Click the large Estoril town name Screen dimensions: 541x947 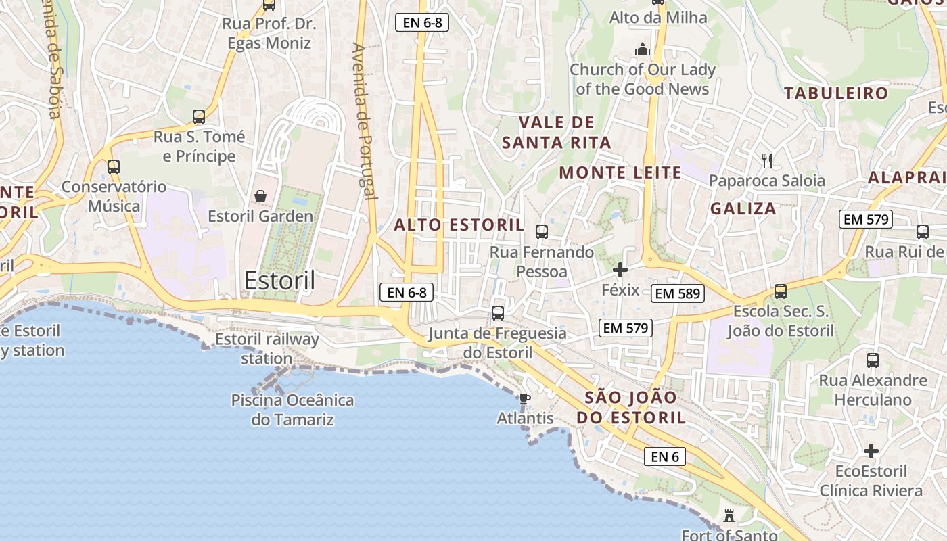(x=279, y=280)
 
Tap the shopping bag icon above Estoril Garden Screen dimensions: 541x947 (x=260, y=196)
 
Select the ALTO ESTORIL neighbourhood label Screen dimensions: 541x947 (x=459, y=225)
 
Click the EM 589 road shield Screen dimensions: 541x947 (x=678, y=293)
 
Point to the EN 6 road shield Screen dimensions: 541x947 (x=664, y=456)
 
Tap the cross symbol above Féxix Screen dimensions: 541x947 (x=620, y=270)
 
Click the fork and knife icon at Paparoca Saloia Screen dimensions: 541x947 (x=766, y=160)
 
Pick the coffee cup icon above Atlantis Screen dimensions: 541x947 (x=524, y=398)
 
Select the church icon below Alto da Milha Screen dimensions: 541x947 (x=642, y=49)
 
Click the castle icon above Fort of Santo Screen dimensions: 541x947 (x=729, y=516)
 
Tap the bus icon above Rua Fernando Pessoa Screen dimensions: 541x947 (x=541, y=232)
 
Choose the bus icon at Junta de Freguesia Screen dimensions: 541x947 (x=498, y=312)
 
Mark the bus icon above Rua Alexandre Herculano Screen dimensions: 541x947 (x=872, y=360)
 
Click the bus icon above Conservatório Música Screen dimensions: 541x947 (x=114, y=166)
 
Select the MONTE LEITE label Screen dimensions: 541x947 (x=620, y=172)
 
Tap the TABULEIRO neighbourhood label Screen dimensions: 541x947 (x=835, y=93)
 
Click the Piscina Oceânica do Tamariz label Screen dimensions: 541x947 (x=292, y=410)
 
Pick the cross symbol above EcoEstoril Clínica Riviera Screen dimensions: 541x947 (x=871, y=451)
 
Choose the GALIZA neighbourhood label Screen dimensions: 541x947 (x=743, y=208)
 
